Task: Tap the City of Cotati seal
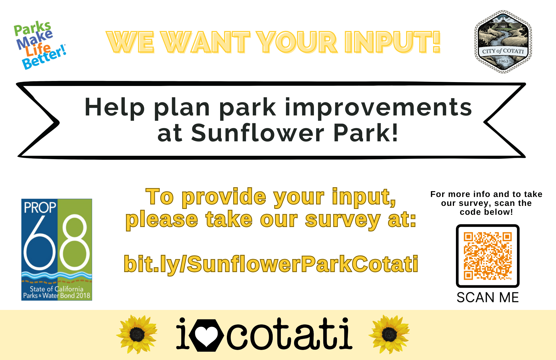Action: click(503, 42)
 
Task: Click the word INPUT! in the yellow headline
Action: click(392, 42)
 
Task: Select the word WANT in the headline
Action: click(206, 42)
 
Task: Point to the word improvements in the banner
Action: click(378, 107)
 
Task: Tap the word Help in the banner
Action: click(114, 107)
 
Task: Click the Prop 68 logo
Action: click(57, 250)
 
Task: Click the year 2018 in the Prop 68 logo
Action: click(83, 295)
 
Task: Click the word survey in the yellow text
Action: click(342, 220)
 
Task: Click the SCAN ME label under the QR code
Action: click(488, 297)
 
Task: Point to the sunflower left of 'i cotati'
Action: click(137, 334)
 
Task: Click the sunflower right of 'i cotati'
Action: click(389, 334)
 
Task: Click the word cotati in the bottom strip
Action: click(289, 334)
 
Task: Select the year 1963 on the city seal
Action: click(503, 61)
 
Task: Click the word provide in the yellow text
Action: click(224, 197)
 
